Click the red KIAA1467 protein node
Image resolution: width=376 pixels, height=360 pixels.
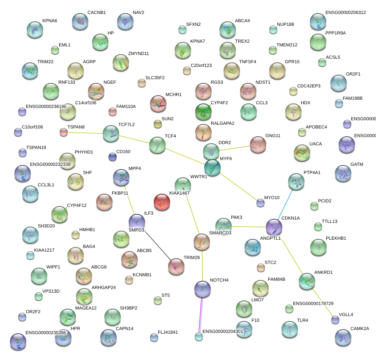pos(161,202)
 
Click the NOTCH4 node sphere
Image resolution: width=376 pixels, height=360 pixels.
pos(202,289)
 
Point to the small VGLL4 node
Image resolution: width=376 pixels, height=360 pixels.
pos(335,320)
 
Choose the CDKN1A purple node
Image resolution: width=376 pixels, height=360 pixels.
pos(274,227)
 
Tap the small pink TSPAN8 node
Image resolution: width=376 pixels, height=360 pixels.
pos(64,132)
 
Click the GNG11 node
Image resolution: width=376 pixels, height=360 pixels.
pos(258,144)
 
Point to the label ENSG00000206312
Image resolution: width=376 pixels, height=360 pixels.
pos(345,13)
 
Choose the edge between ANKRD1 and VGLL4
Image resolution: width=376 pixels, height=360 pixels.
pos(322,302)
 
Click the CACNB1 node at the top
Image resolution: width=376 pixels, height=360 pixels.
pos(80,21)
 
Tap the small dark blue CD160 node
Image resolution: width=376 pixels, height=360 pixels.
pos(112,157)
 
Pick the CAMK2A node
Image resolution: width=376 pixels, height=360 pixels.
pos(343,337)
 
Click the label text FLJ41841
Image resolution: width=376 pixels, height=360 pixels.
pos(168,332)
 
